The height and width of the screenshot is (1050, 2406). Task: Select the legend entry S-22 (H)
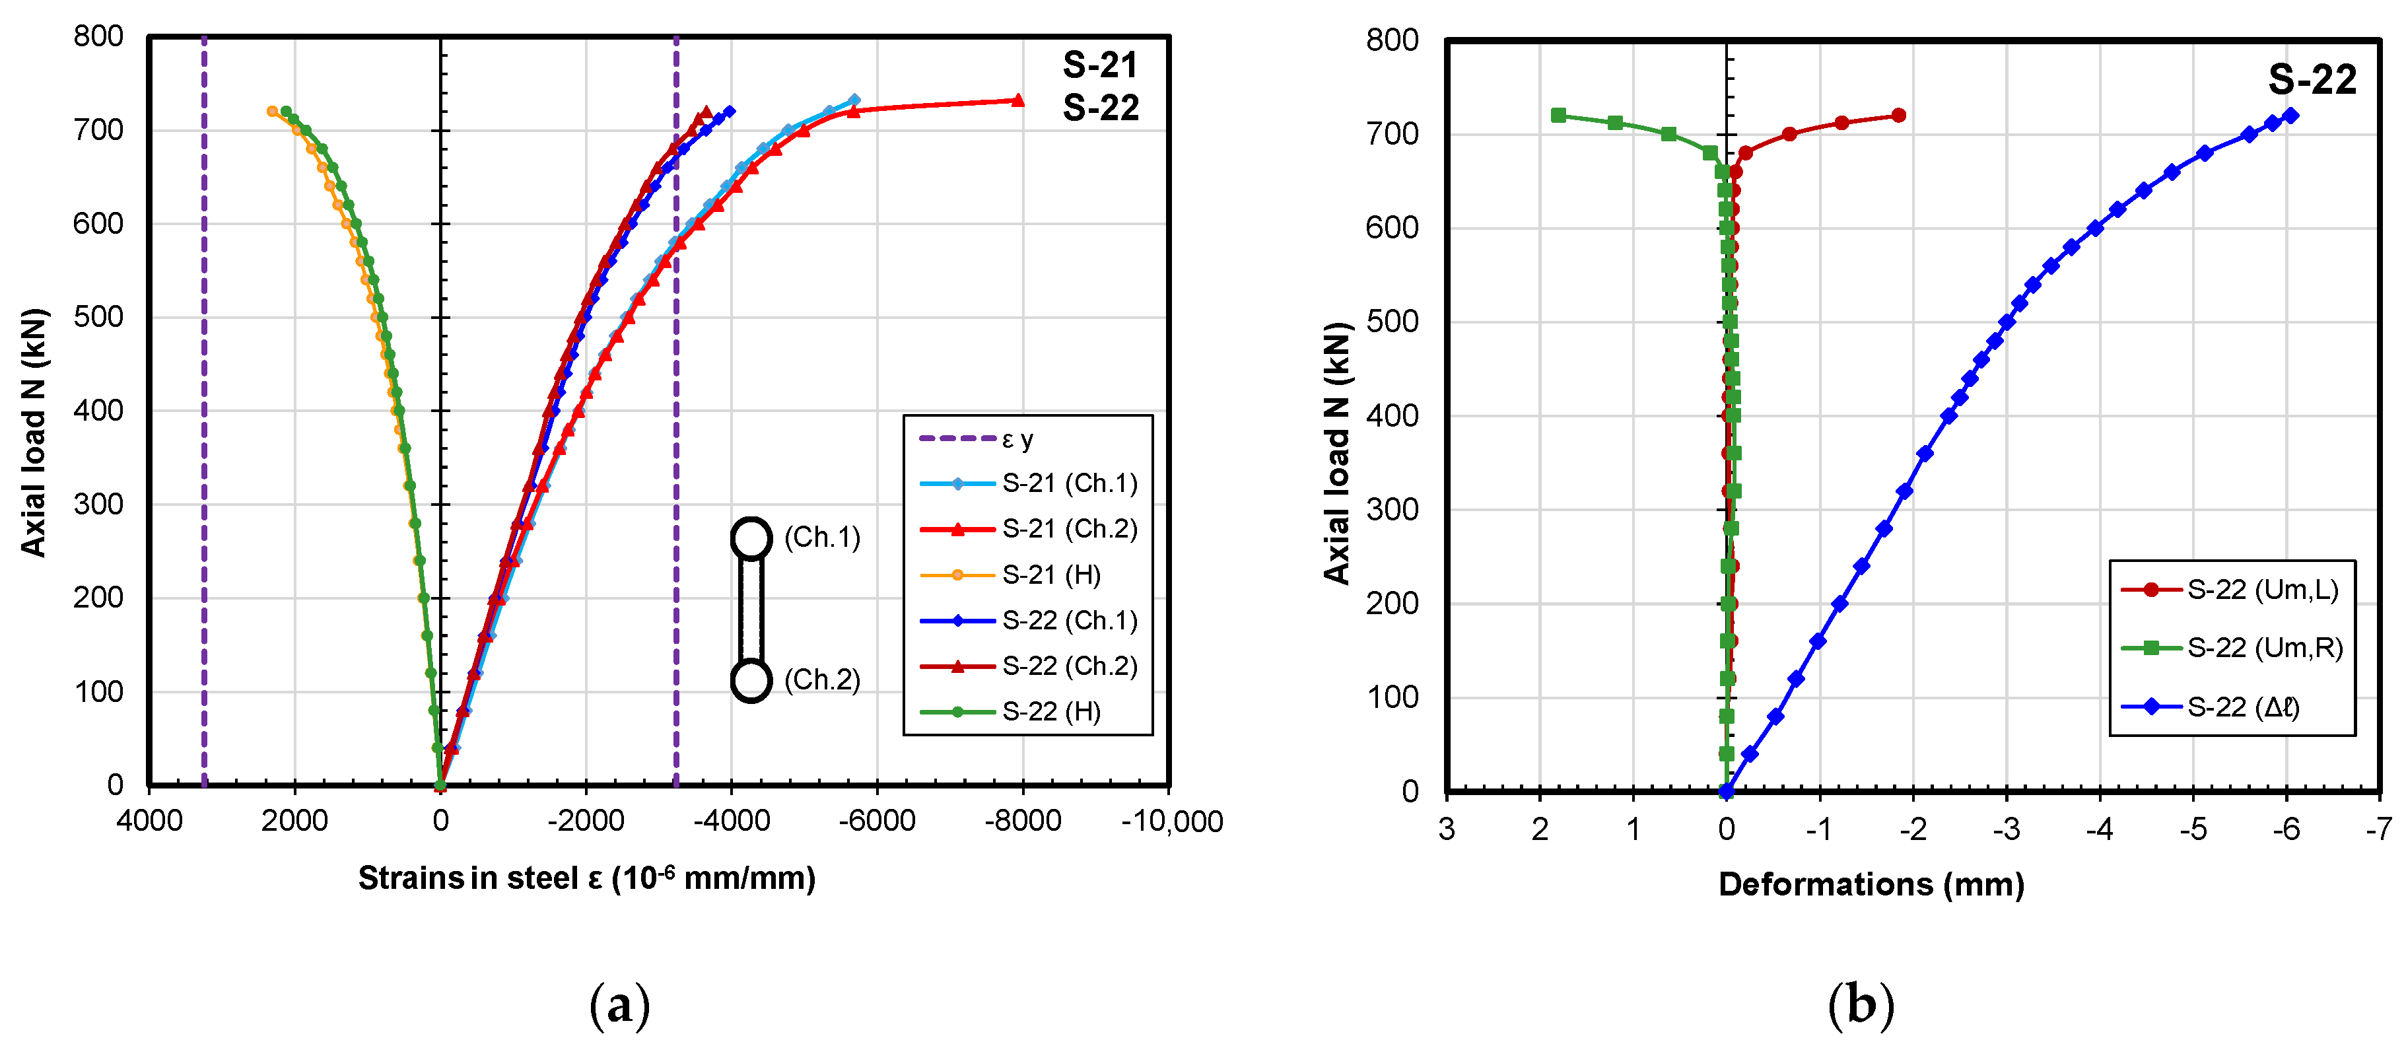pyautogui.click(x=1050, y=712)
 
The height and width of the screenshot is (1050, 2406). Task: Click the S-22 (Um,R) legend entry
pyautogui.click(x=2264, y=647)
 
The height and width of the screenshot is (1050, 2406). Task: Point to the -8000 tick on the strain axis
pyautogui.click(x=1022, y=821)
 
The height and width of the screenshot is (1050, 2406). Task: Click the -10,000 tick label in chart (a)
pyautogui.click(x=1171, y=821)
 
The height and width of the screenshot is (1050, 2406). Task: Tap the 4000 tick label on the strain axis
pyautogui.click(x=149, y=821)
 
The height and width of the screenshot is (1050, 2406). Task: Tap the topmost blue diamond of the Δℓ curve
pyautogui.click(x=2290, y=116)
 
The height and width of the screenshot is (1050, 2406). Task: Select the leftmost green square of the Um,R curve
pyautogui.click(x=1558, y=116)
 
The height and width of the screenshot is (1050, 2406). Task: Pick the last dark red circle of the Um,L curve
pyautogui.click(x=1898, y=116)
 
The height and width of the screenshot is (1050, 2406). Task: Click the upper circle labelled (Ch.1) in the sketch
pyautogui.click(x=751, y=538)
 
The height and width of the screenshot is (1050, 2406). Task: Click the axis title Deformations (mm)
pyautogui.click(x=1871, y=884)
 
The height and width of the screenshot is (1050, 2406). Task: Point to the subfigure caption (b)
pyautogui.click(x=1861, y=1005)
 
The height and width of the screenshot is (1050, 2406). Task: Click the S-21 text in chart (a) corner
pyautogui.click(x=1100, y=65)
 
